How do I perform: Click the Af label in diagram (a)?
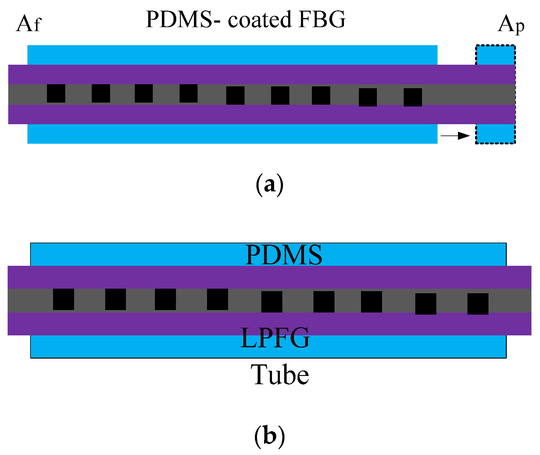28,23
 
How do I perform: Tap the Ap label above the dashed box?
511,24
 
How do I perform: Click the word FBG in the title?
322,20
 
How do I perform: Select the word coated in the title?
260,20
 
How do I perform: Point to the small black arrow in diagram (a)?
455,135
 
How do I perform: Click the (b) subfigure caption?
270,436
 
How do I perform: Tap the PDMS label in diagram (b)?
284,255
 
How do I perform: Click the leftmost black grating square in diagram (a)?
56,93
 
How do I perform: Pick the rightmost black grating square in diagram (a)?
413,97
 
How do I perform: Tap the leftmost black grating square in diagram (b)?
63,299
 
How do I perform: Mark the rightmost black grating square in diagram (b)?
478,304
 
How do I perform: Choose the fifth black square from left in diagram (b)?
272,302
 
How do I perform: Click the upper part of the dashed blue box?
495,55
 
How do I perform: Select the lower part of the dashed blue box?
495,134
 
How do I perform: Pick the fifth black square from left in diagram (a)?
235,96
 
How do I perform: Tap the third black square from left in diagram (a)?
144,93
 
